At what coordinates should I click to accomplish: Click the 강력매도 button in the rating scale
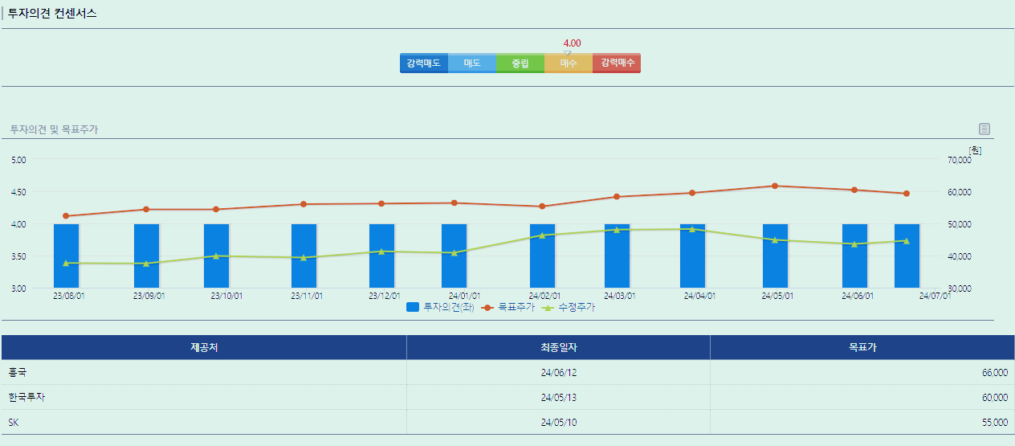coord(423,63)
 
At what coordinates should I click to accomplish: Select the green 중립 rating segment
coord(520,63)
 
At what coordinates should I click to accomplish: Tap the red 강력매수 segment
coord(617,63)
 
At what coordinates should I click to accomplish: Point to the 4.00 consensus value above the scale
coord(572,43)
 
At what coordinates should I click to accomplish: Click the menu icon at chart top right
coord(984,129)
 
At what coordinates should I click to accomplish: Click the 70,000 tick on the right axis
coord(958,160)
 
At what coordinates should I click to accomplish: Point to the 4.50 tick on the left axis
coord(18,192)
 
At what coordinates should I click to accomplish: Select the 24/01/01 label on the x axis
coord(465,296)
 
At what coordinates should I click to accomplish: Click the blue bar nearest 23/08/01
coord(66,256)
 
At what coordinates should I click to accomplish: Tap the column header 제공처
coord(204,347)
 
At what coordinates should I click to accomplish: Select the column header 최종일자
coord(558,347)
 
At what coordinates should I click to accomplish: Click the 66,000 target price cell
coord(994,373)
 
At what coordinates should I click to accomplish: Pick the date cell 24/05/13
coord(558,398)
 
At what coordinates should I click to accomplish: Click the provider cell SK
coord(14,423)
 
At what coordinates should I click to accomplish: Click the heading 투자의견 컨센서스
coord(52,13)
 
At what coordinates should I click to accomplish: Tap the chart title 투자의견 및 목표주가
coord(54,129)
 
